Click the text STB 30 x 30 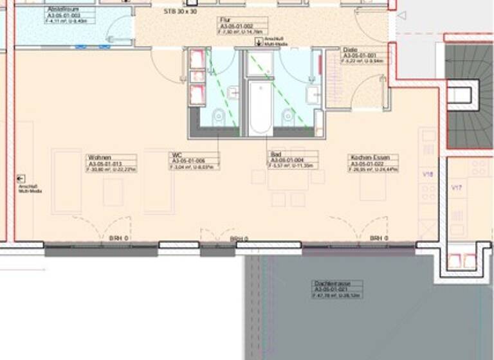tap(181, 11)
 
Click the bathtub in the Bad tap(261, 107)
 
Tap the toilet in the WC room tap(219, 116)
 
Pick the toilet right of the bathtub tap(288, 116)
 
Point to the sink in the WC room tap(232, 93)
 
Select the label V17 tap(457, 188)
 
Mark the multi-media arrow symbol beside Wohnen tap(21, 179)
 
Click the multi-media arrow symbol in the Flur tap(259, 42)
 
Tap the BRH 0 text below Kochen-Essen tap(376, 239)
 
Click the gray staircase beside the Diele tap(470, 96)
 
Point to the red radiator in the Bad tap(320, 65)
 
